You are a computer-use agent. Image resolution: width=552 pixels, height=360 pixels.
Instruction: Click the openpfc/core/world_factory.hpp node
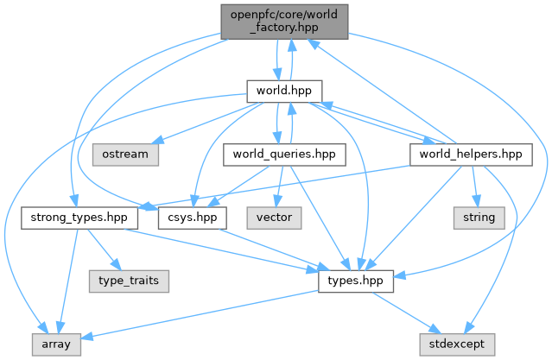click(284, 21)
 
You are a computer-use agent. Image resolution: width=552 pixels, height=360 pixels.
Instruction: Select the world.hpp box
click(284, 91)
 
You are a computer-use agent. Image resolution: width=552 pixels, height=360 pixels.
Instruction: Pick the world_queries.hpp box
click(284, 155)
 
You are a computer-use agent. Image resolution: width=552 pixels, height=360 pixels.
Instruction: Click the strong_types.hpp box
click(73, 217)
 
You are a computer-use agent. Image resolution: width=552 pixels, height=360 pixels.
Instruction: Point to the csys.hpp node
click(187, 217)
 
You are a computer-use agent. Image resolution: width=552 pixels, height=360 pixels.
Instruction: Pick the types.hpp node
click(356, 281)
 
